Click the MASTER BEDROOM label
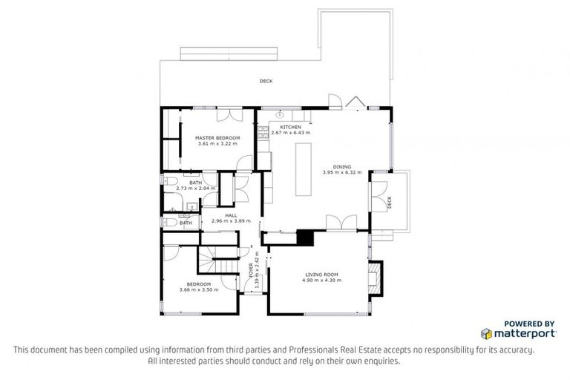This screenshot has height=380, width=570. click(x=217, y=138)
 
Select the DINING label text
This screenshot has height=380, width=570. click(x=341, y=167)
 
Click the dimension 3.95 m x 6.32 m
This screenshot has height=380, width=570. click(x=341, y=173)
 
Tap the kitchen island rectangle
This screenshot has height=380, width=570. click(x=304, y=168)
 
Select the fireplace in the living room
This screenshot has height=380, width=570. click(x=376, y=276)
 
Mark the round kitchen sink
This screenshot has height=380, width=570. click(x=281, y=116)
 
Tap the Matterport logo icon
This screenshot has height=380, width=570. click(x=487, y=333)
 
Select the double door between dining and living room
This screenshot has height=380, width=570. click(x=337, y=223)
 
